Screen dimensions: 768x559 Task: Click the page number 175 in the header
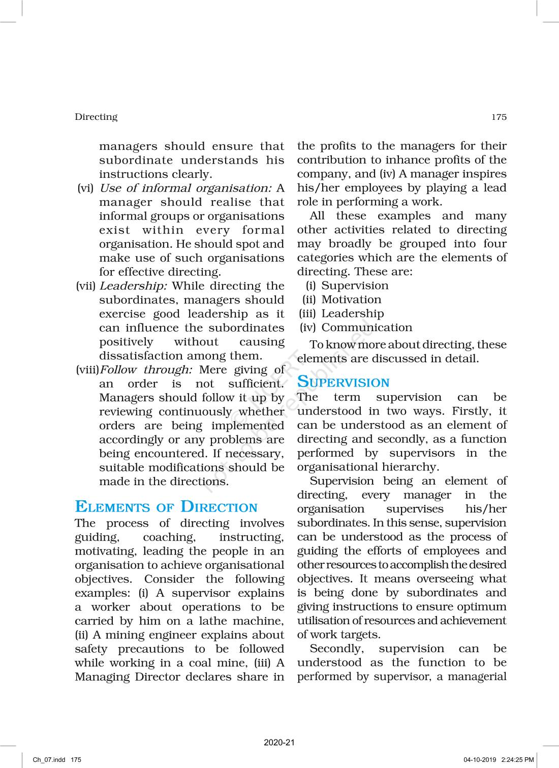pyautogui.click(x=499, y=117)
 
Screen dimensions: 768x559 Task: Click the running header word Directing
pyautogui.click(x=96, y=117)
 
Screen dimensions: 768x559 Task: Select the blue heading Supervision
pyautogui.click(x=343, y=382)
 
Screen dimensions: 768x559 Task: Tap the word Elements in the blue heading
pyautogui.click(x=112, y=507)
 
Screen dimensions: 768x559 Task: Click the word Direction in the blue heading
pyautogui.click(x=219, y=507)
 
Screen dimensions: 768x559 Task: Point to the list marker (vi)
pyautogui.click(x=85, y=188)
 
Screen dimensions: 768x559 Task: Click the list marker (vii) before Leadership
pyautogui.click(x=85, y=286)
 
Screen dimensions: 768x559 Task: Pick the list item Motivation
pyautogui.click(x=351, y=300)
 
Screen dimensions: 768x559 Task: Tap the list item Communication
pyautogui.click(x=366, y=328)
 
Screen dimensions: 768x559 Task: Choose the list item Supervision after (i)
pyautogui.click(x=355, y=285)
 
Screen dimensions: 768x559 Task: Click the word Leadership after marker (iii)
pyautogui.click(x=353, y=313)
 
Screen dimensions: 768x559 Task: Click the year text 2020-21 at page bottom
pyautogui.click(x=279, y=743)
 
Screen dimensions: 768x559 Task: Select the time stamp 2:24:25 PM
pyautogui.click(x=517, y=760)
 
